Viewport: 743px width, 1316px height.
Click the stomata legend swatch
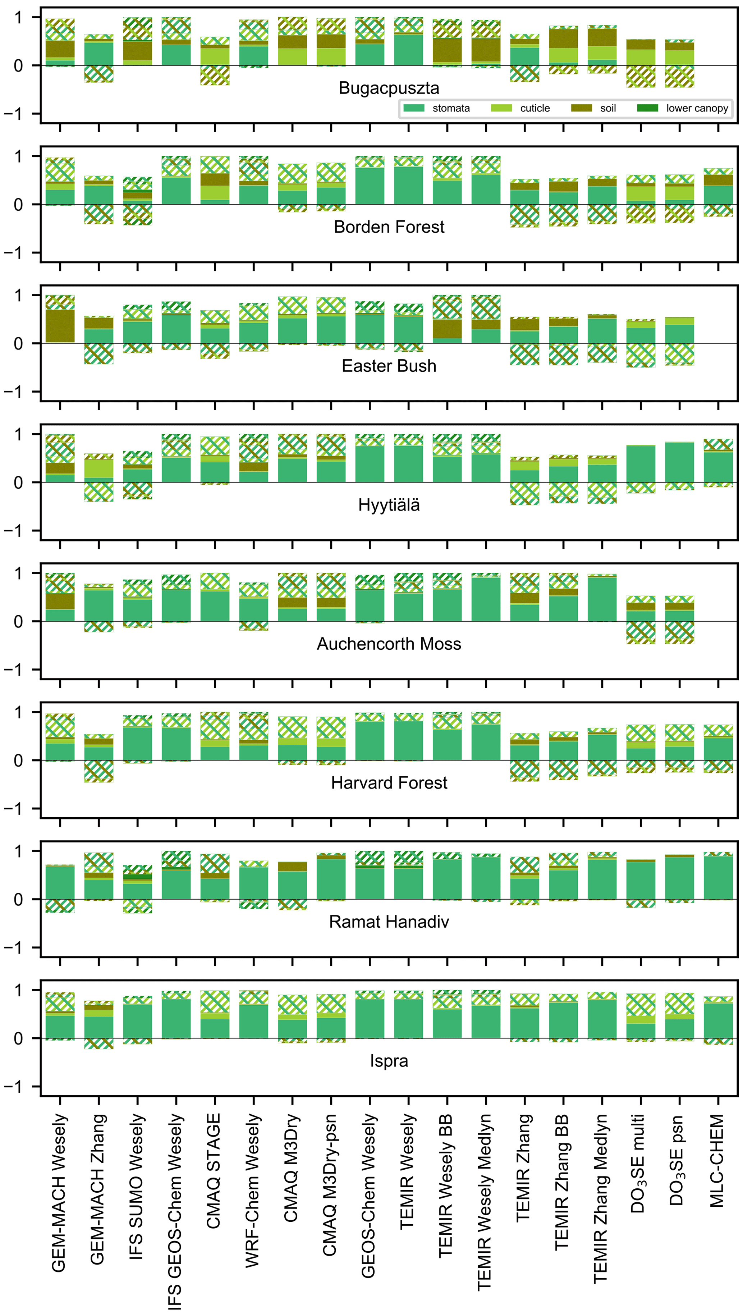pos(414,108)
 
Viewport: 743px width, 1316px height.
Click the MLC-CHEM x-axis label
pos(717,1161)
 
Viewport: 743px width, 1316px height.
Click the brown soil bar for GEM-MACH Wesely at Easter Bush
pos(60,326)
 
